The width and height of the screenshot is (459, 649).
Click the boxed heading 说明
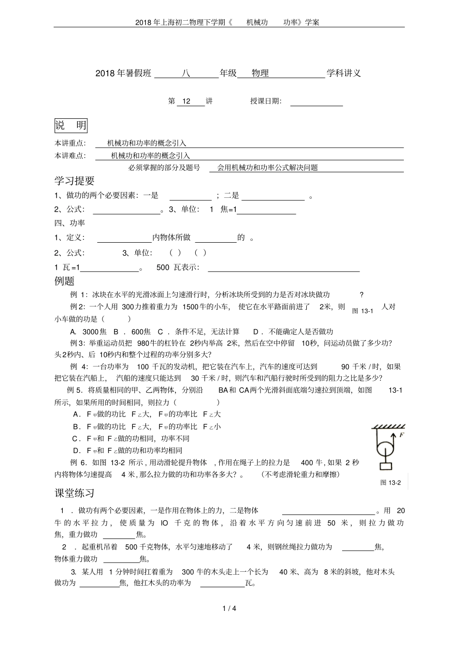(x=71, y=126)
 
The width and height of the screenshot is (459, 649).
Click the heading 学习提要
(x=74, y=181)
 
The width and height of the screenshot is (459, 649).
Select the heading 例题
(x=64, y=281)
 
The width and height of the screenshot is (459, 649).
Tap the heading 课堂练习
(x=74, y=493)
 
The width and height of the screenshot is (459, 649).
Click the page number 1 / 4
(x=229, y=608)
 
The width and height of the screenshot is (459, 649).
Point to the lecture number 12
(x=186, y=101)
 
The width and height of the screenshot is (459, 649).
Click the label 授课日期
(x=265, y=101)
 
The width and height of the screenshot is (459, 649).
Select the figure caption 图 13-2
(x=390, y=483)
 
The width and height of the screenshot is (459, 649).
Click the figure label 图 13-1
(x=363, y=311)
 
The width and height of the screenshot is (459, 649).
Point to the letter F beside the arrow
(x=402, y=435)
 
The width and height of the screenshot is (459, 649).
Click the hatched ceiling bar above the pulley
(x=388, y=427)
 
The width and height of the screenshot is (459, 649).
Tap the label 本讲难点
(x=70, y=155)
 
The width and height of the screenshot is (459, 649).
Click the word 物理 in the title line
(x=260, y=73)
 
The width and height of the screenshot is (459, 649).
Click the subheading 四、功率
(x=70, y=223)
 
